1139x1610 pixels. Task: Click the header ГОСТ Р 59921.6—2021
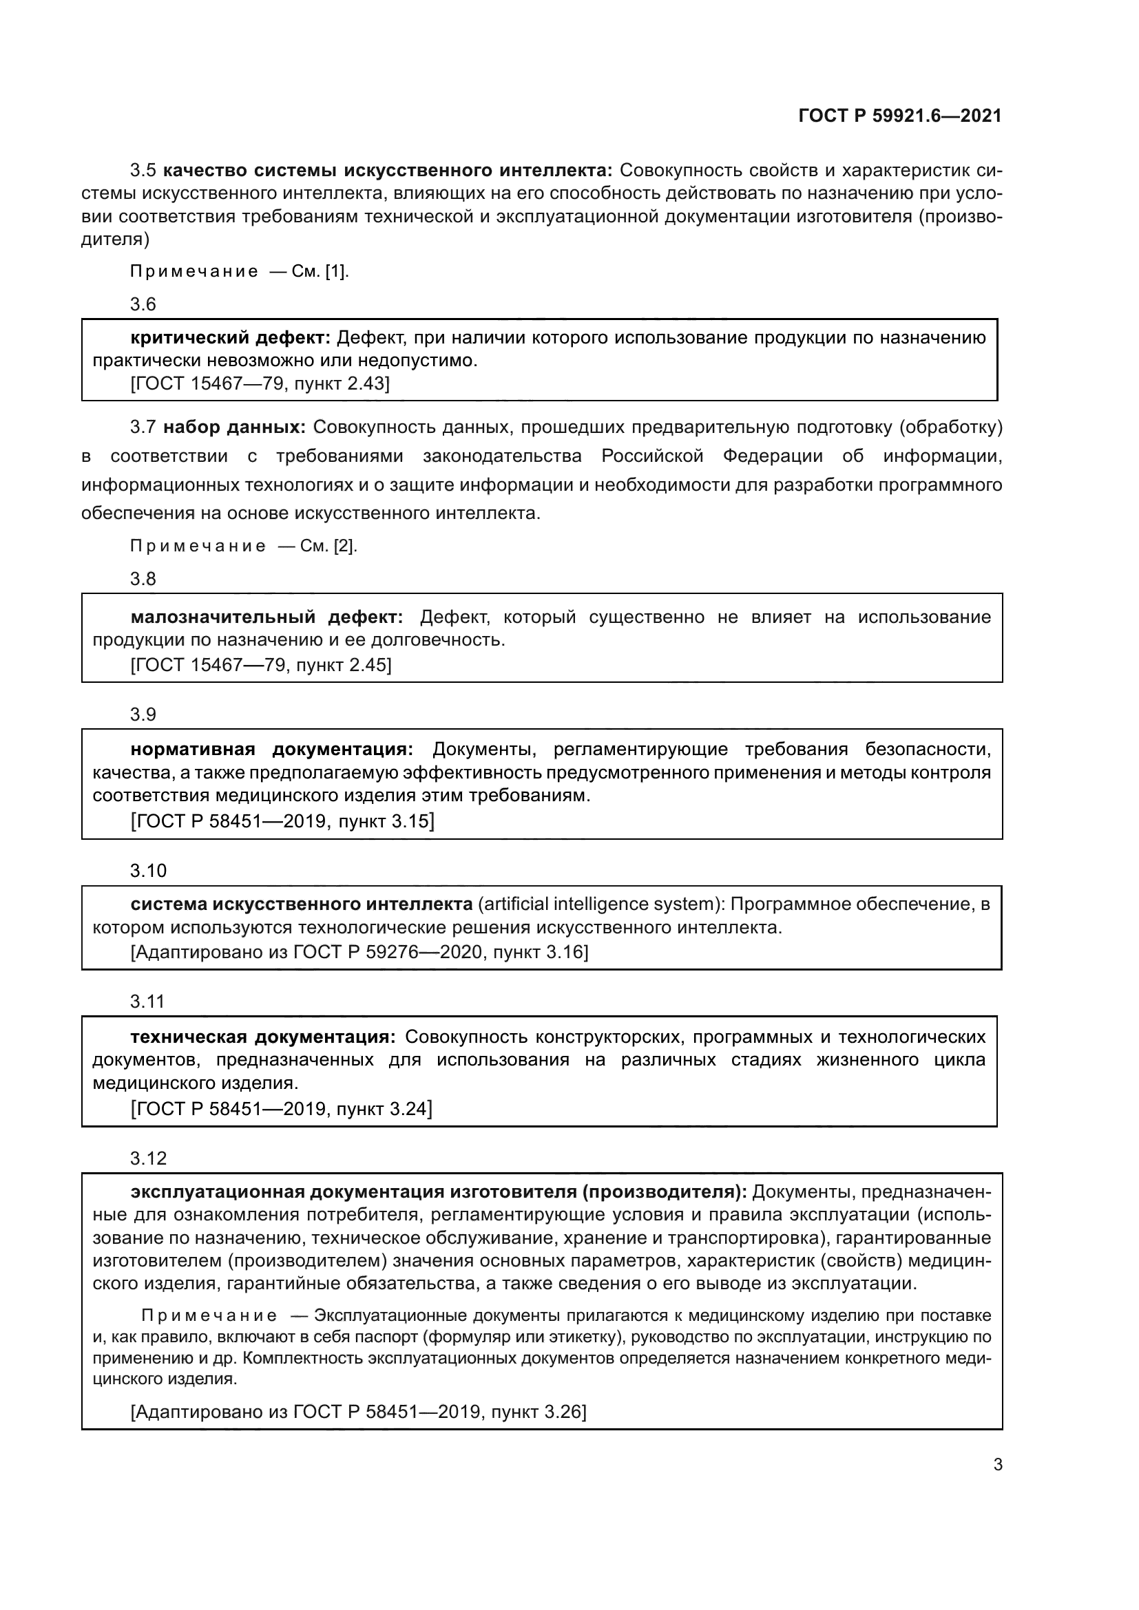tap(900, 116)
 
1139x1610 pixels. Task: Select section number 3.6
tap(143, 304)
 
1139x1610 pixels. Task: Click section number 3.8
tap(143, 579)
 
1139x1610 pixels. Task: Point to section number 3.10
tap(148, 871)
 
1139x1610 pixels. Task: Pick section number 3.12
tap(148, 1158)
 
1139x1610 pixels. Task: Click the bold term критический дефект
tap(230, 338)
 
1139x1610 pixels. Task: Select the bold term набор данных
tap(234, 427)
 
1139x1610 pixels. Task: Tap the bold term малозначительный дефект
tap(267, 617)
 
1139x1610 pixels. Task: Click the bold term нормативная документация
tap(272, 750)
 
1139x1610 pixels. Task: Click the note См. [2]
tap(328, 547)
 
